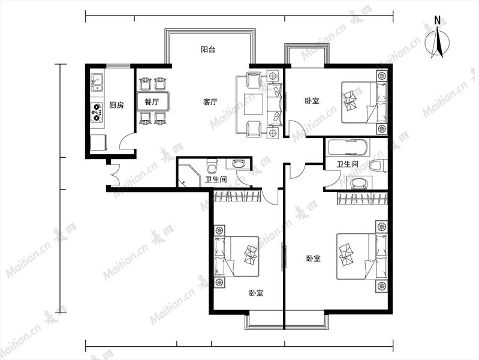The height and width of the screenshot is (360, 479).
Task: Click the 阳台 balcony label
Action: (x=208, y=49)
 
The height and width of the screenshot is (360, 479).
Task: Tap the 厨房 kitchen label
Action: (x=116, y=105)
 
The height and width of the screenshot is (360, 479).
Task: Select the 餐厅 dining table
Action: (x=152, y=101)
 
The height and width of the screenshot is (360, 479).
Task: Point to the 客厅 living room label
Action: (x=210, y=101)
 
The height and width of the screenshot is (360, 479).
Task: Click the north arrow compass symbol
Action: (x=437, y=38)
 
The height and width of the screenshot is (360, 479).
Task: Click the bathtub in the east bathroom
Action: (x=347, y=147)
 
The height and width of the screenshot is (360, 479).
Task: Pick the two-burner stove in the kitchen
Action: (x=97, y=112)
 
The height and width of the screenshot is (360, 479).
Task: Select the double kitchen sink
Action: (x=97, y=82)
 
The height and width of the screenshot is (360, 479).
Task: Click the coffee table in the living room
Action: (x=254, y=104)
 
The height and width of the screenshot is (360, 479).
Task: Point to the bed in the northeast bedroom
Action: (x=364, y=102)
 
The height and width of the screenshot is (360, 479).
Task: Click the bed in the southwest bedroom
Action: (x=237, y=256)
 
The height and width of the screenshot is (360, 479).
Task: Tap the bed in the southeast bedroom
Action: (x=361, y=256)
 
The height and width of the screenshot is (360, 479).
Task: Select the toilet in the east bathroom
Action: (x=378, y=166)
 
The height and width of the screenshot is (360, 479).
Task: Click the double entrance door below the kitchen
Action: (x=115, y=175)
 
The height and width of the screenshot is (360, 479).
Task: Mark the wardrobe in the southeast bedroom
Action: (x=362, y=199)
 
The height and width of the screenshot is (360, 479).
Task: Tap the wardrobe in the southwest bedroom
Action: (x=237, y=196)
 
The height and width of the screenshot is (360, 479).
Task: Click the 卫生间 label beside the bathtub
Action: (x=347, y=164)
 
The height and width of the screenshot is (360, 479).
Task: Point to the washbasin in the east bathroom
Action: (x=359, y=183)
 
